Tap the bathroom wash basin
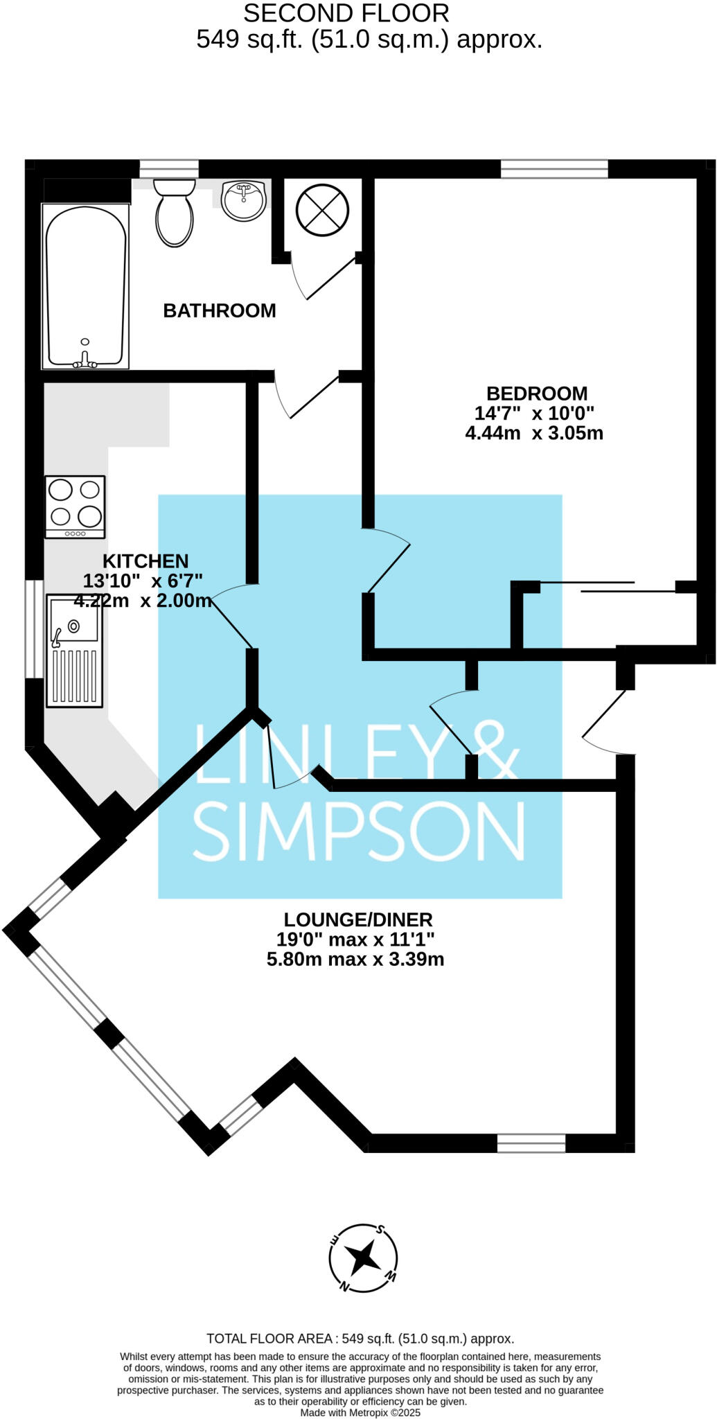pyautogui.click(x=244, y=200)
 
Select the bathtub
pyautogui.click(x=86, y=285)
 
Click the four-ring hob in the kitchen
pyautogui.click(x=75, y=506)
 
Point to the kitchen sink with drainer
pyautogui.click(x=75, y=651)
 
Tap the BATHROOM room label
pyautogui.click(x=220, y=310)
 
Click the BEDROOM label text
pyautogui.click(x=537, y=394)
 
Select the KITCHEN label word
pyautogui.click(x=145, y=561)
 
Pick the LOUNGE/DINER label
pyautogui.click(x=358, y=920)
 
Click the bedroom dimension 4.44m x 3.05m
pyautogui.click(x=534, y=434)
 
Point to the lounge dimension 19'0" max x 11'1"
pyautogui.click(x=355, y=940)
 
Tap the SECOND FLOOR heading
pyautogui.click(x=346, y=13)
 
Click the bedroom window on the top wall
pyautogui.click(x=554, y=169)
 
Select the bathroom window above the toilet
pyautogui.click(x=169, y=169)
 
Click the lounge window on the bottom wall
pyautogui.click(x=531, y=1143)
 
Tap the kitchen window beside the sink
pyautogui.click(x=33, y=628)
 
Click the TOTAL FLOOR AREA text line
pyautogui.click(x=360, y=1339)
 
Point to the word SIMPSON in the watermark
pyautogui.click(x=359, y=832)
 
